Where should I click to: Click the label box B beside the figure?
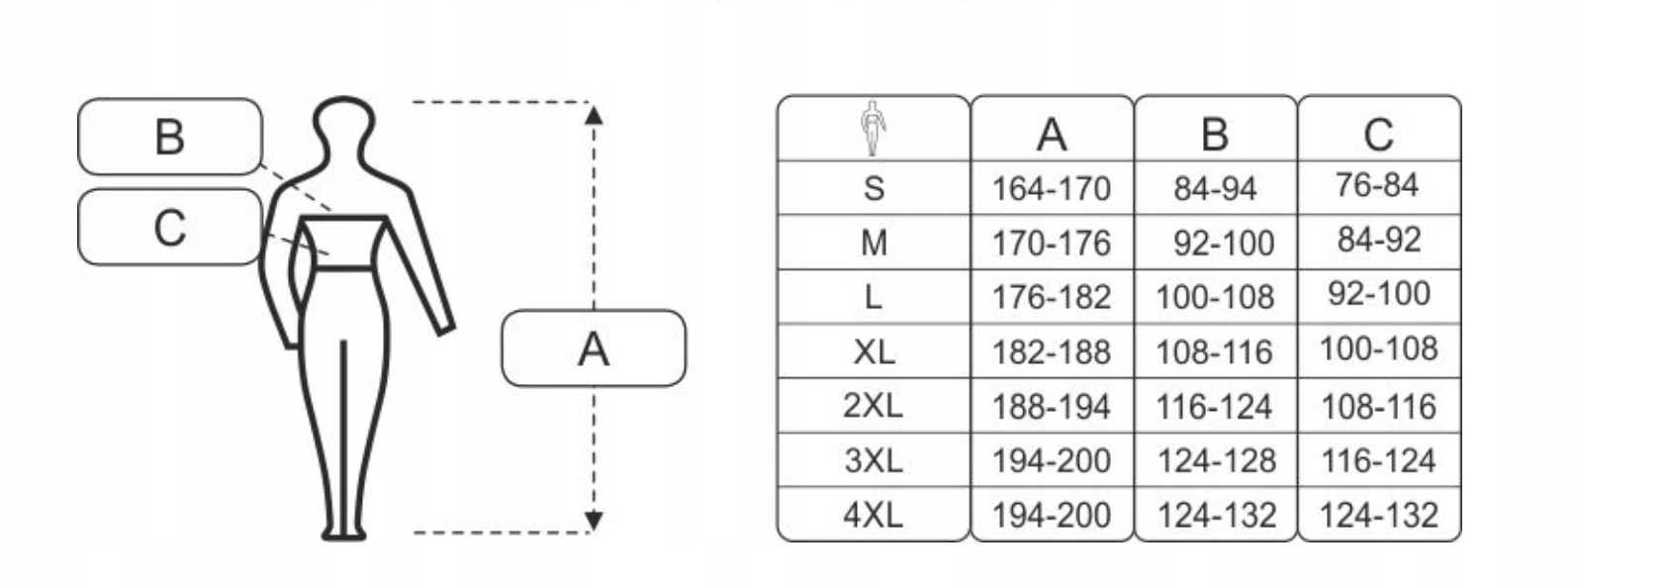coord(169,137)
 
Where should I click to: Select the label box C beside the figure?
coord(169,228)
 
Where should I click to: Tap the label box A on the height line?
coord(593,348)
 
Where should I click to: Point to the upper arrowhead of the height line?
coord(594,114)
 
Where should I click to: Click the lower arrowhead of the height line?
coord(594,521)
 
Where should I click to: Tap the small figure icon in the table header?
coord(872,129)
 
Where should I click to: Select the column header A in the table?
coord(1052,134)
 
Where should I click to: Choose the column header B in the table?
coord(1215,134)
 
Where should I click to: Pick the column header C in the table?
coord(1378,134)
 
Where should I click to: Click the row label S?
coord(873,188)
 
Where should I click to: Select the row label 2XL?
coord(873,406)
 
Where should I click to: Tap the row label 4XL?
coord(873,515)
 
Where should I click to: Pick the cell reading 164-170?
coord(1052,188)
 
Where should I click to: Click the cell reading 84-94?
coord(1215,188)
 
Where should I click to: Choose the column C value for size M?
coord(1378,241)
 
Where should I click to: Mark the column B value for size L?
coord(1215,297)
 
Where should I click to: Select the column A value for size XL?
coord(1052,351)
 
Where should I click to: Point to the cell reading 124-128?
coord(1216,460)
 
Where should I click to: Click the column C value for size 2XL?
coord(1378,406)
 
